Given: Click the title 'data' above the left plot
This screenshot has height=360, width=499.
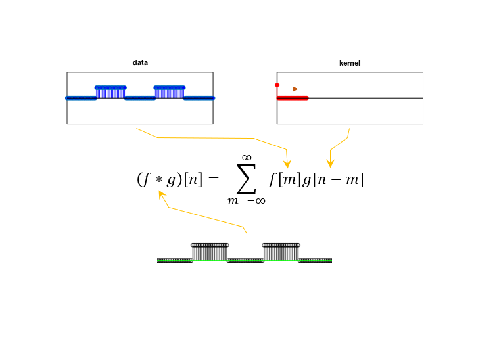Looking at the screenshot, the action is point(140,62).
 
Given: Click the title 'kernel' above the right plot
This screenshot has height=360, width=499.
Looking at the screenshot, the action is point(350,63).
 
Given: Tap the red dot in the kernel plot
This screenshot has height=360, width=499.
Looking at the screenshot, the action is point(277,85).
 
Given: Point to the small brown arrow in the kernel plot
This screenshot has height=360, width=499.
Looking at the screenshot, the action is point(290,89).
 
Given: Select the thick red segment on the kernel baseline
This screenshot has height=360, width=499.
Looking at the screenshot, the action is point(293,98).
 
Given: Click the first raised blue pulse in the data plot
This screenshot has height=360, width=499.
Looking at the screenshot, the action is point(110,92).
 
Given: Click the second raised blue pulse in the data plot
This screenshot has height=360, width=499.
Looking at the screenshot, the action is point(170,92).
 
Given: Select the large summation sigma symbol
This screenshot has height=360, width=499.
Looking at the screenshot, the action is point(247,179).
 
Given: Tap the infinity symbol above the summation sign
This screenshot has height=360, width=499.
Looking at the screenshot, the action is point(247,158).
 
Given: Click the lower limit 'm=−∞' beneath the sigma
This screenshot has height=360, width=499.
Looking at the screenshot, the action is point(247,201).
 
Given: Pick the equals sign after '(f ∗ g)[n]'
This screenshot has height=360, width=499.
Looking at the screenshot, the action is point(214,179).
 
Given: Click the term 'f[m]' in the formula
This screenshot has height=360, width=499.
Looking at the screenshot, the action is point(285,180).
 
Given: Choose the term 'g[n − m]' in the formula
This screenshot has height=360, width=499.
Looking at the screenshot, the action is point(333,180).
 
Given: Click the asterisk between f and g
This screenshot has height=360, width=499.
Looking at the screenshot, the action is point(159,180).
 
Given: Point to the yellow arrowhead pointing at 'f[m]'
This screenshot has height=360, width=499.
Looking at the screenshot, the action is point(287,164).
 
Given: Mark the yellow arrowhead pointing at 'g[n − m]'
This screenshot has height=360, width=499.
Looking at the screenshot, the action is point(330,164).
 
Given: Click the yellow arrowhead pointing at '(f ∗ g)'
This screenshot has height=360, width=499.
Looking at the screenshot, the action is point(162,194).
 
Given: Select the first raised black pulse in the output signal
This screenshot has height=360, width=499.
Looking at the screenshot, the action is point(210,252).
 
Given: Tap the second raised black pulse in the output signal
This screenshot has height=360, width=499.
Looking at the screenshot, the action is point(281,252).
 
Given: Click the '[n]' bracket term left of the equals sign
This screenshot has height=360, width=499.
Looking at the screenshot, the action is point(193,180).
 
